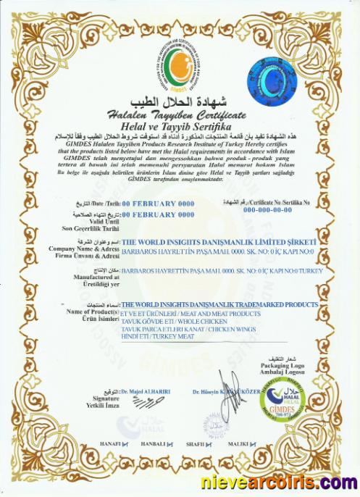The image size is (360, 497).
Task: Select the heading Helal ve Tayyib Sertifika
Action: coord(178,127)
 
